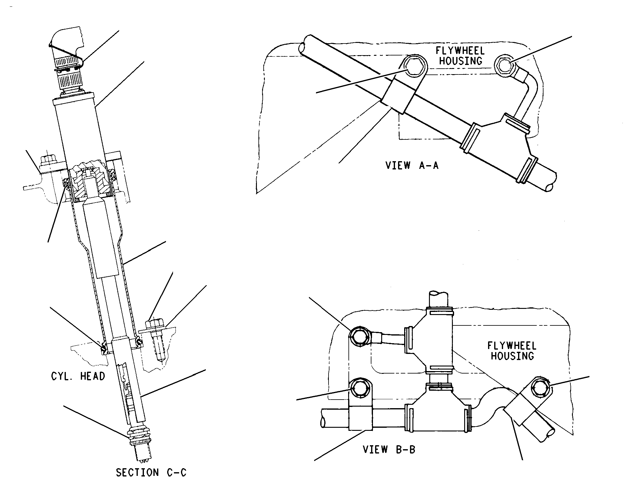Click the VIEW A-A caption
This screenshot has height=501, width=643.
(412, 165)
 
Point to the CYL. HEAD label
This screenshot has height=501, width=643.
(78, 376)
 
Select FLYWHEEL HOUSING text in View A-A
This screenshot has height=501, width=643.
(461, 55)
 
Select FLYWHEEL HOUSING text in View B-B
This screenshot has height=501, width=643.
(512, 351)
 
